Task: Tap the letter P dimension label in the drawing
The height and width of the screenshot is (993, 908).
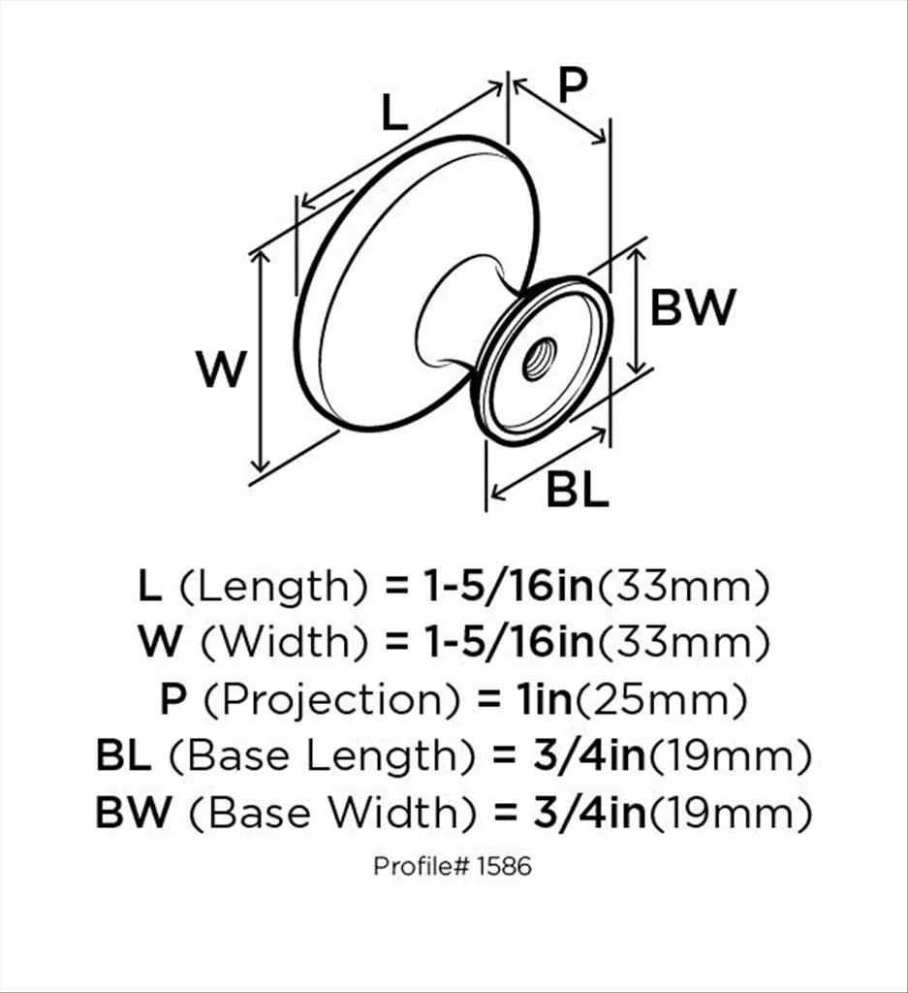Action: coord(574,85)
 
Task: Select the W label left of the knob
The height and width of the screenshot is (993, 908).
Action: coord(221,369)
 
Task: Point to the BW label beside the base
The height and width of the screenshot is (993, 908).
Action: coord(693,307)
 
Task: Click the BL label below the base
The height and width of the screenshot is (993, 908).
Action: coord(578,490)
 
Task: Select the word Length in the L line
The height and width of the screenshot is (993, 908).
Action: coord(273,589)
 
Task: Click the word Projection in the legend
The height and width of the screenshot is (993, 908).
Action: coord(331,701)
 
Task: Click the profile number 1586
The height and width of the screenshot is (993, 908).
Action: coord(504,866)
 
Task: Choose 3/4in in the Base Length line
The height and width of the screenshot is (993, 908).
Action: coord(588,756)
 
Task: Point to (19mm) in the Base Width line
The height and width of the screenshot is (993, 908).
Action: coord(731,814)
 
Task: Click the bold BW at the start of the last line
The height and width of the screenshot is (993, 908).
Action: coord(134,813)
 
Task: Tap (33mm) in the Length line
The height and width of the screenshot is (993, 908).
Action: coord(683,588)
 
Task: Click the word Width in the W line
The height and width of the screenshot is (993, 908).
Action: coord(284,644)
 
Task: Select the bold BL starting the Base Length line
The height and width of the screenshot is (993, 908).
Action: coord(123,756)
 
